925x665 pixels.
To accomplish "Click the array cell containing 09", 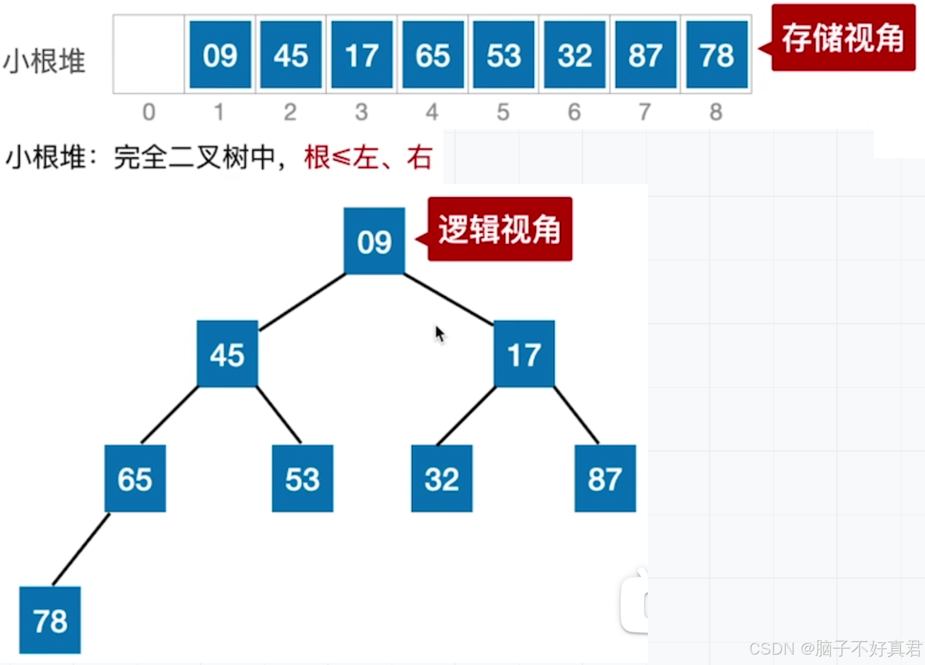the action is click(220, 55).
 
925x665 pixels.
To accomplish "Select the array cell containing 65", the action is click(433, 55).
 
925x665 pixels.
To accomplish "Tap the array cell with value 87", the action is click(645, 55).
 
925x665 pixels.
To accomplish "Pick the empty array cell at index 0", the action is click(149, 55).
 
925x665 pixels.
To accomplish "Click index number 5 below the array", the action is click(503, 112).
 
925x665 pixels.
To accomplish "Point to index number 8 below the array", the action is click(715, 112).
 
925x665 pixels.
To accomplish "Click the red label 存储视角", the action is click(843, 38).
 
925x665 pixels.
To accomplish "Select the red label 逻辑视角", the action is click(499, 229).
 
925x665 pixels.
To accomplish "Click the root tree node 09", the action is click(374, 241).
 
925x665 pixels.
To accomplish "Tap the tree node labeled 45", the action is click(227, 354).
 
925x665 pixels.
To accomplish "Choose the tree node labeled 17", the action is click(524, 354).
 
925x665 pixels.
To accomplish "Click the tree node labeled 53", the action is click(302, 478).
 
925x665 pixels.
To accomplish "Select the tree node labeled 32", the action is click(442, 478).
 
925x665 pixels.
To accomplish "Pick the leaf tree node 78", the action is click(50, 620).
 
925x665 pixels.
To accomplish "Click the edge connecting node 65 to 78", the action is click(81, 549).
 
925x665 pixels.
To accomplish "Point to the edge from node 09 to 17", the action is click(448, 300).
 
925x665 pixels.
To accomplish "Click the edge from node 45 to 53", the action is click(279, 415).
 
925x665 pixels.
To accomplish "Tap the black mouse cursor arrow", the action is click(439, 333).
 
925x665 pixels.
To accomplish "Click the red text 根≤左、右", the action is click(368, 157).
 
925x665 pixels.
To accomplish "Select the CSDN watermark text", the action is click(835, 649).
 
